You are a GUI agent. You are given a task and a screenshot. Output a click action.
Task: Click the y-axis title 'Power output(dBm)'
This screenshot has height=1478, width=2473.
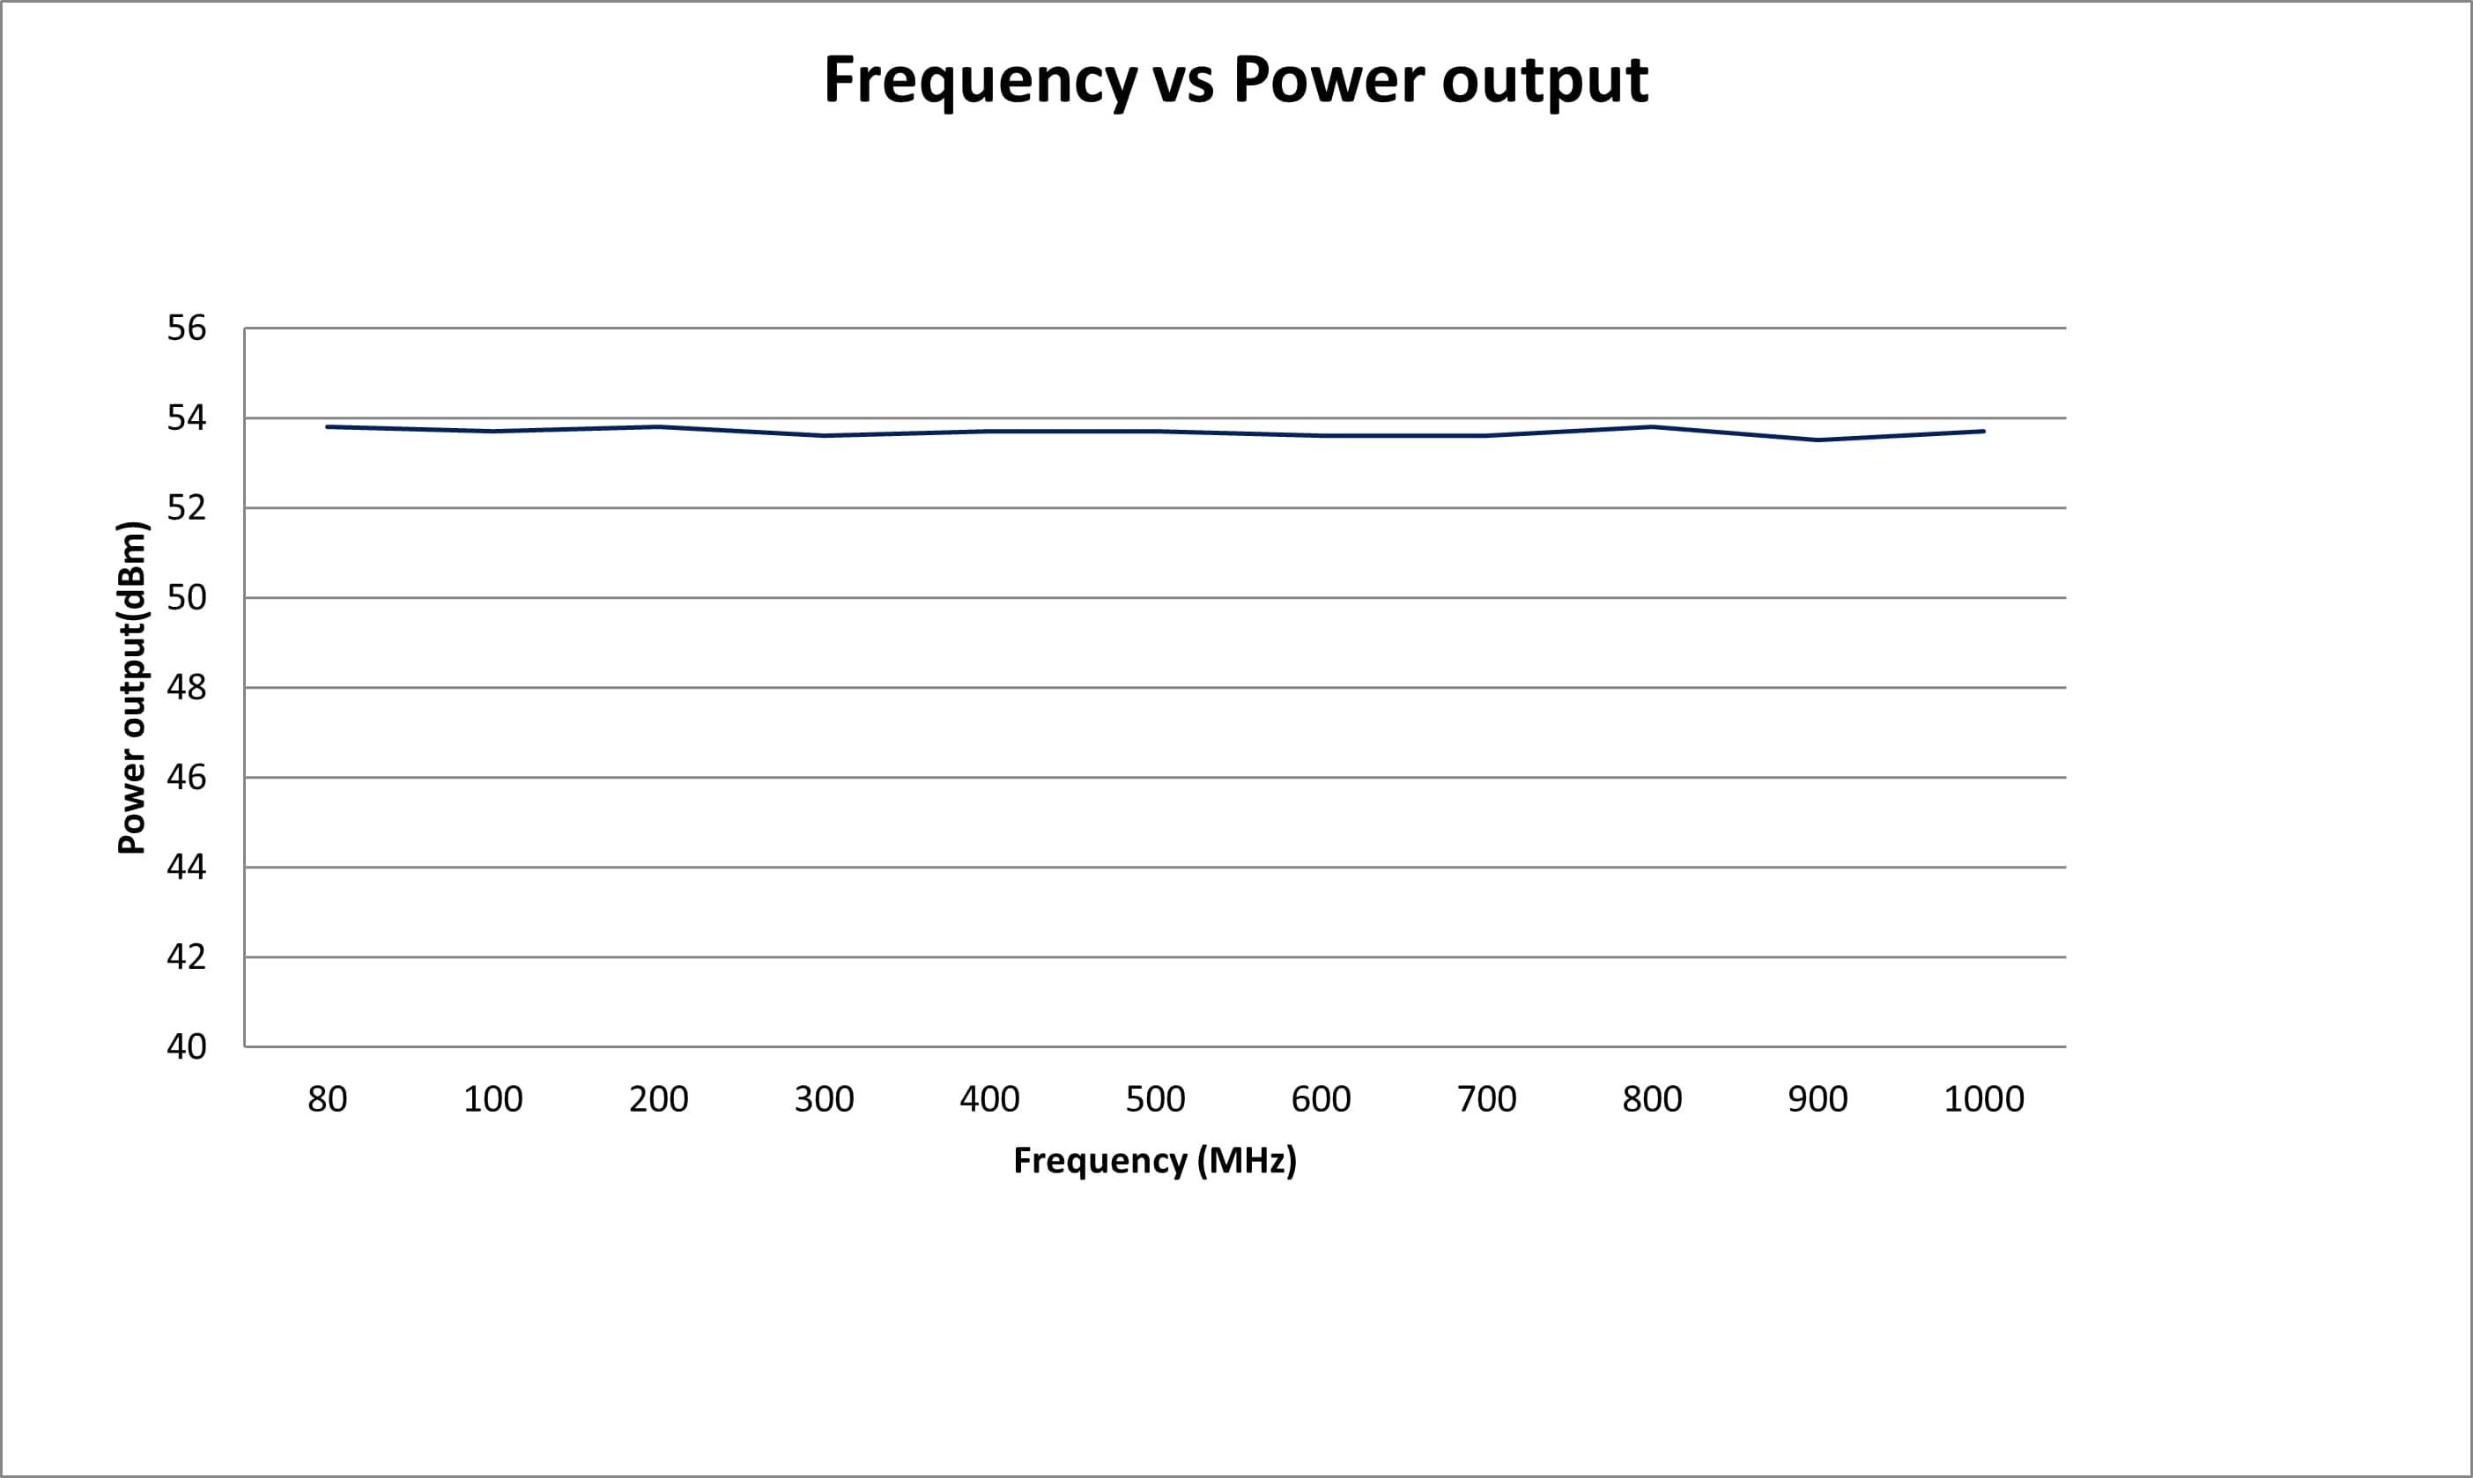coord(132,687)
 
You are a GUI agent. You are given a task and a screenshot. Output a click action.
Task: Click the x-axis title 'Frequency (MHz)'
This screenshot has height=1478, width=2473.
coord(1155,1160)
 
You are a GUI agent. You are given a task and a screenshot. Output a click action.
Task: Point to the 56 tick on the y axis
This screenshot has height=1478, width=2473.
coord(186,328)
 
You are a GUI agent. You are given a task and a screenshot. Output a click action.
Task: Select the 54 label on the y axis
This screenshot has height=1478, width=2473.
coord(186,418)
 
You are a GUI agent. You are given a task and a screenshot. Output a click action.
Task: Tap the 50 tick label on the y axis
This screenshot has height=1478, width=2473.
coord(186,597)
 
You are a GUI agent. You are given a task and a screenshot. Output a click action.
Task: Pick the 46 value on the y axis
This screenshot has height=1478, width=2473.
coord(186,777)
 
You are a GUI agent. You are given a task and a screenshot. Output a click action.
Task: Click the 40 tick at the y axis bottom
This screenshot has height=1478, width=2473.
coord(186,1046)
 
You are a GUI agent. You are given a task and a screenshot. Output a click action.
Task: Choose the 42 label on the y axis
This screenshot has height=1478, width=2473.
coord(186,957)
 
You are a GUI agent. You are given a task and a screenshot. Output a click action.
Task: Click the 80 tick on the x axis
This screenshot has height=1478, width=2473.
coord(328,1099)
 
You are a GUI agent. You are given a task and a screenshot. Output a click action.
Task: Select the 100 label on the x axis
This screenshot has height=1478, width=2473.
coord(493,1099)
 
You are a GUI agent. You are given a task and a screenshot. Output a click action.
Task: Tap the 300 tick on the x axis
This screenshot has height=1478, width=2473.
coord(825,1099)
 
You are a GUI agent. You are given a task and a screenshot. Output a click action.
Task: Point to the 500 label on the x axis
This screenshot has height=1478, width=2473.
coord(1155,1099)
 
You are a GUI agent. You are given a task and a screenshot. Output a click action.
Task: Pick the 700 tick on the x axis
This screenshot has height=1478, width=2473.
coord(1487,1099)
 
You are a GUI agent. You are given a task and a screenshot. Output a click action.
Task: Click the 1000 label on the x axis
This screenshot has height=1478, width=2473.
coord(1984,1099)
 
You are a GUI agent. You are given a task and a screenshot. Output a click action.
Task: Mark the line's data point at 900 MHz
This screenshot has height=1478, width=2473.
coord(1818,440)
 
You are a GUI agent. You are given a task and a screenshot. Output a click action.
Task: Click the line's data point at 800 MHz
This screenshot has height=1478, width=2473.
coord(1652,427)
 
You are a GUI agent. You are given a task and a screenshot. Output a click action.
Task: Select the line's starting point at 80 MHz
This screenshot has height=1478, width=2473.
coord(328,427)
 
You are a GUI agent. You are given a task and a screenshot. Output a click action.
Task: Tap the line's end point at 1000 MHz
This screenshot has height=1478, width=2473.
coord(1984,432)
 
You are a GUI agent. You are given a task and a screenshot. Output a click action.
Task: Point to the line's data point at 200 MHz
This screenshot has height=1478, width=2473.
coord(658,427)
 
